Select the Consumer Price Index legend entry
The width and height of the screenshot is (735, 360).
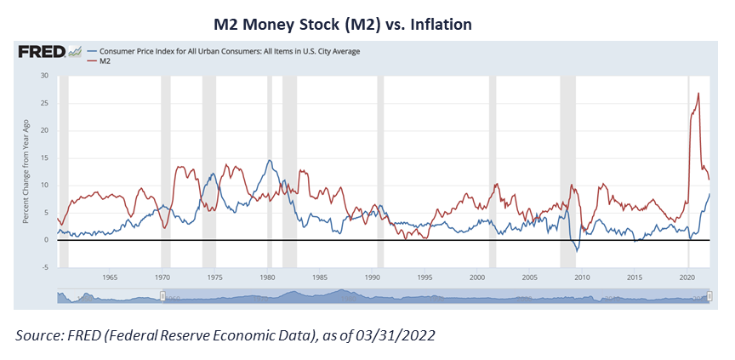[x=230, y=51]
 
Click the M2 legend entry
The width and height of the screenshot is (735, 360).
[x=105, y=61]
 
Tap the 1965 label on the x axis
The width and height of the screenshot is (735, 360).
[x=110, y=277]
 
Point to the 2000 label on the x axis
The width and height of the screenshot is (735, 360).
[x=477, y=277]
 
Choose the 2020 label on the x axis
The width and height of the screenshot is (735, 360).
[x=687, y=277]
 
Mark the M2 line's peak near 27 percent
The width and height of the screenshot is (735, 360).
[x=698, y=93]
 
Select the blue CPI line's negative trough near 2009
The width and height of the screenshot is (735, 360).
[x=577, y=251]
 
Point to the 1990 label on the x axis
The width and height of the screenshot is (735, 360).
[x=373, y=277]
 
